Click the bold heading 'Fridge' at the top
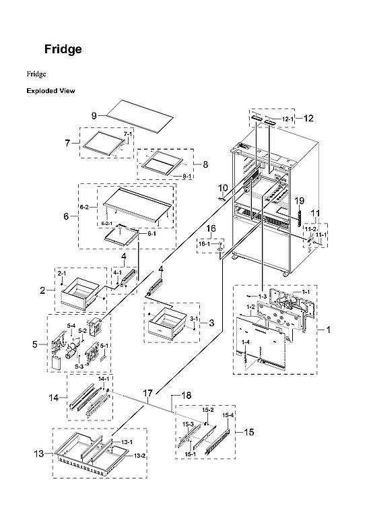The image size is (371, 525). pos(63,49)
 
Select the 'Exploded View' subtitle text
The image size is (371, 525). pos(50,91)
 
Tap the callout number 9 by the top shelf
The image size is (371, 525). pos(94,115)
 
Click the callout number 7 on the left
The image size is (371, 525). pos(68,143)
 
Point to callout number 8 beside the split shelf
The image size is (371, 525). pos(205,164)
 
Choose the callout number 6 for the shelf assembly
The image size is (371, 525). pos(66,216)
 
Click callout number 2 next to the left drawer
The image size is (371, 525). pos(42,290)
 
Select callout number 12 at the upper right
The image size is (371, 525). pos(308,119)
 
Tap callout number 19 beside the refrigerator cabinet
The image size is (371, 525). pos(300,200)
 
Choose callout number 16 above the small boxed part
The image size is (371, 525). pos(211,229)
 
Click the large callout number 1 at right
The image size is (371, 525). pos(328,330)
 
